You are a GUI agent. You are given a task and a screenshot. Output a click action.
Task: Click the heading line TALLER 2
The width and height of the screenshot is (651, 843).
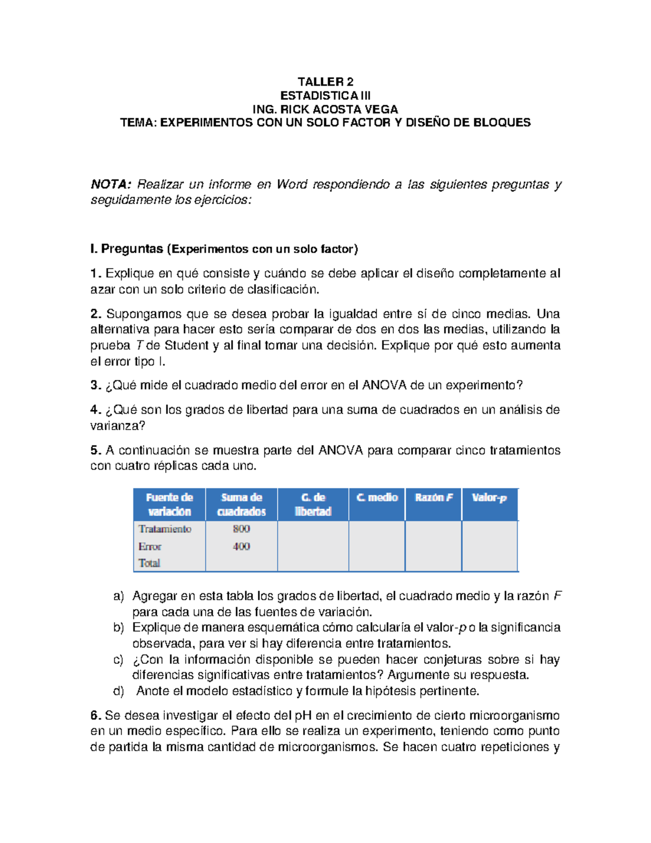[325, 82]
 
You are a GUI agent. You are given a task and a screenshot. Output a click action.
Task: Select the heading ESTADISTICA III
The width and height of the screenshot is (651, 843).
[325, 96]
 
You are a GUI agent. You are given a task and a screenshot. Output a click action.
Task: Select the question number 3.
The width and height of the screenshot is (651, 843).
[95, 385]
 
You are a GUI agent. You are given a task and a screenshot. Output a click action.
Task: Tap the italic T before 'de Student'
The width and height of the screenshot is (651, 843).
[139, 346]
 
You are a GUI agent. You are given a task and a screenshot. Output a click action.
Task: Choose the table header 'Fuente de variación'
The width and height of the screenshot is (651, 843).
[169, 504]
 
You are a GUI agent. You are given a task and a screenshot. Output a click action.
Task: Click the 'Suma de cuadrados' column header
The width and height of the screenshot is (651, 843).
[241, 504]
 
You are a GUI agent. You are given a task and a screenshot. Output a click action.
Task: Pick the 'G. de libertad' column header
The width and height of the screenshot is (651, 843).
[313, 504]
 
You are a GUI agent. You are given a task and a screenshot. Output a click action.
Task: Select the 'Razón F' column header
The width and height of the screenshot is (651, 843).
[433, 498]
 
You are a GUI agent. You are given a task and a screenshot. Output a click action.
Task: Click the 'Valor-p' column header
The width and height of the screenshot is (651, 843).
[489, 498]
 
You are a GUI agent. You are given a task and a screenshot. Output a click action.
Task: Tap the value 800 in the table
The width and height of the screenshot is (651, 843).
[241, 529]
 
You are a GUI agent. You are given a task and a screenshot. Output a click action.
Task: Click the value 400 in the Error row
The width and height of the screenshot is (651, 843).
[241, 547]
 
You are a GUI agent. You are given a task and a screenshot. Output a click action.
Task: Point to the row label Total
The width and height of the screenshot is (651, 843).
[149, 563]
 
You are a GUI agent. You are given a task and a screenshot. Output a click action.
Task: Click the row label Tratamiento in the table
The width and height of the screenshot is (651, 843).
[165, 529]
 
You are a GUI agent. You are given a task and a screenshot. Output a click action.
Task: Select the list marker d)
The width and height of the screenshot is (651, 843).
[118, 692]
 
